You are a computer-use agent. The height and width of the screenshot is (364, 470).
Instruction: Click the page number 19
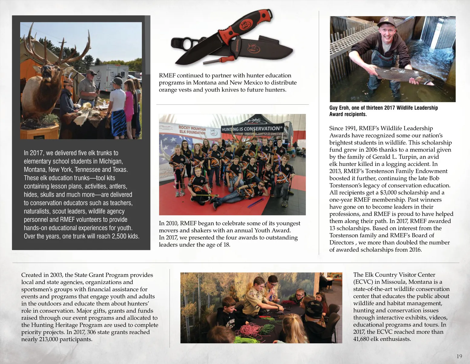459,356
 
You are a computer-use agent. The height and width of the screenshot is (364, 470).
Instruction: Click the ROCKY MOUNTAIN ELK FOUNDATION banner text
192,130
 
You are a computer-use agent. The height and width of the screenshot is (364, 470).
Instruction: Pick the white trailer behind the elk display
107,77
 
